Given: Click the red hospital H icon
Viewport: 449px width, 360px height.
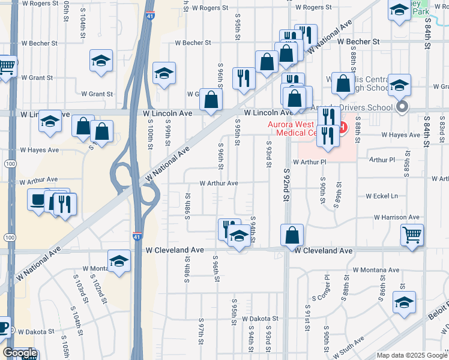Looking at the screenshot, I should (343, 127).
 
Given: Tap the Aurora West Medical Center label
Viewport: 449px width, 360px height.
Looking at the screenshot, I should (297, 128).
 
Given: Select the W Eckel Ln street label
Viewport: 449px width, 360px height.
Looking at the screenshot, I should (382, 196).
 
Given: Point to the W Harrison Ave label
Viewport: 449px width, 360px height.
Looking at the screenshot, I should (396, 217).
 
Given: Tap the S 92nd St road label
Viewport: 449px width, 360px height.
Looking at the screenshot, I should (286, 186).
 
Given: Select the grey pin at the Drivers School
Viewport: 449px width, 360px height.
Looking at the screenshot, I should (403, 107).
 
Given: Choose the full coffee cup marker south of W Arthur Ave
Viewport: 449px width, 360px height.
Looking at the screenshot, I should (39, 199).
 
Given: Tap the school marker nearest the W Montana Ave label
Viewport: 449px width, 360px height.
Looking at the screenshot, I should (119, 261).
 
